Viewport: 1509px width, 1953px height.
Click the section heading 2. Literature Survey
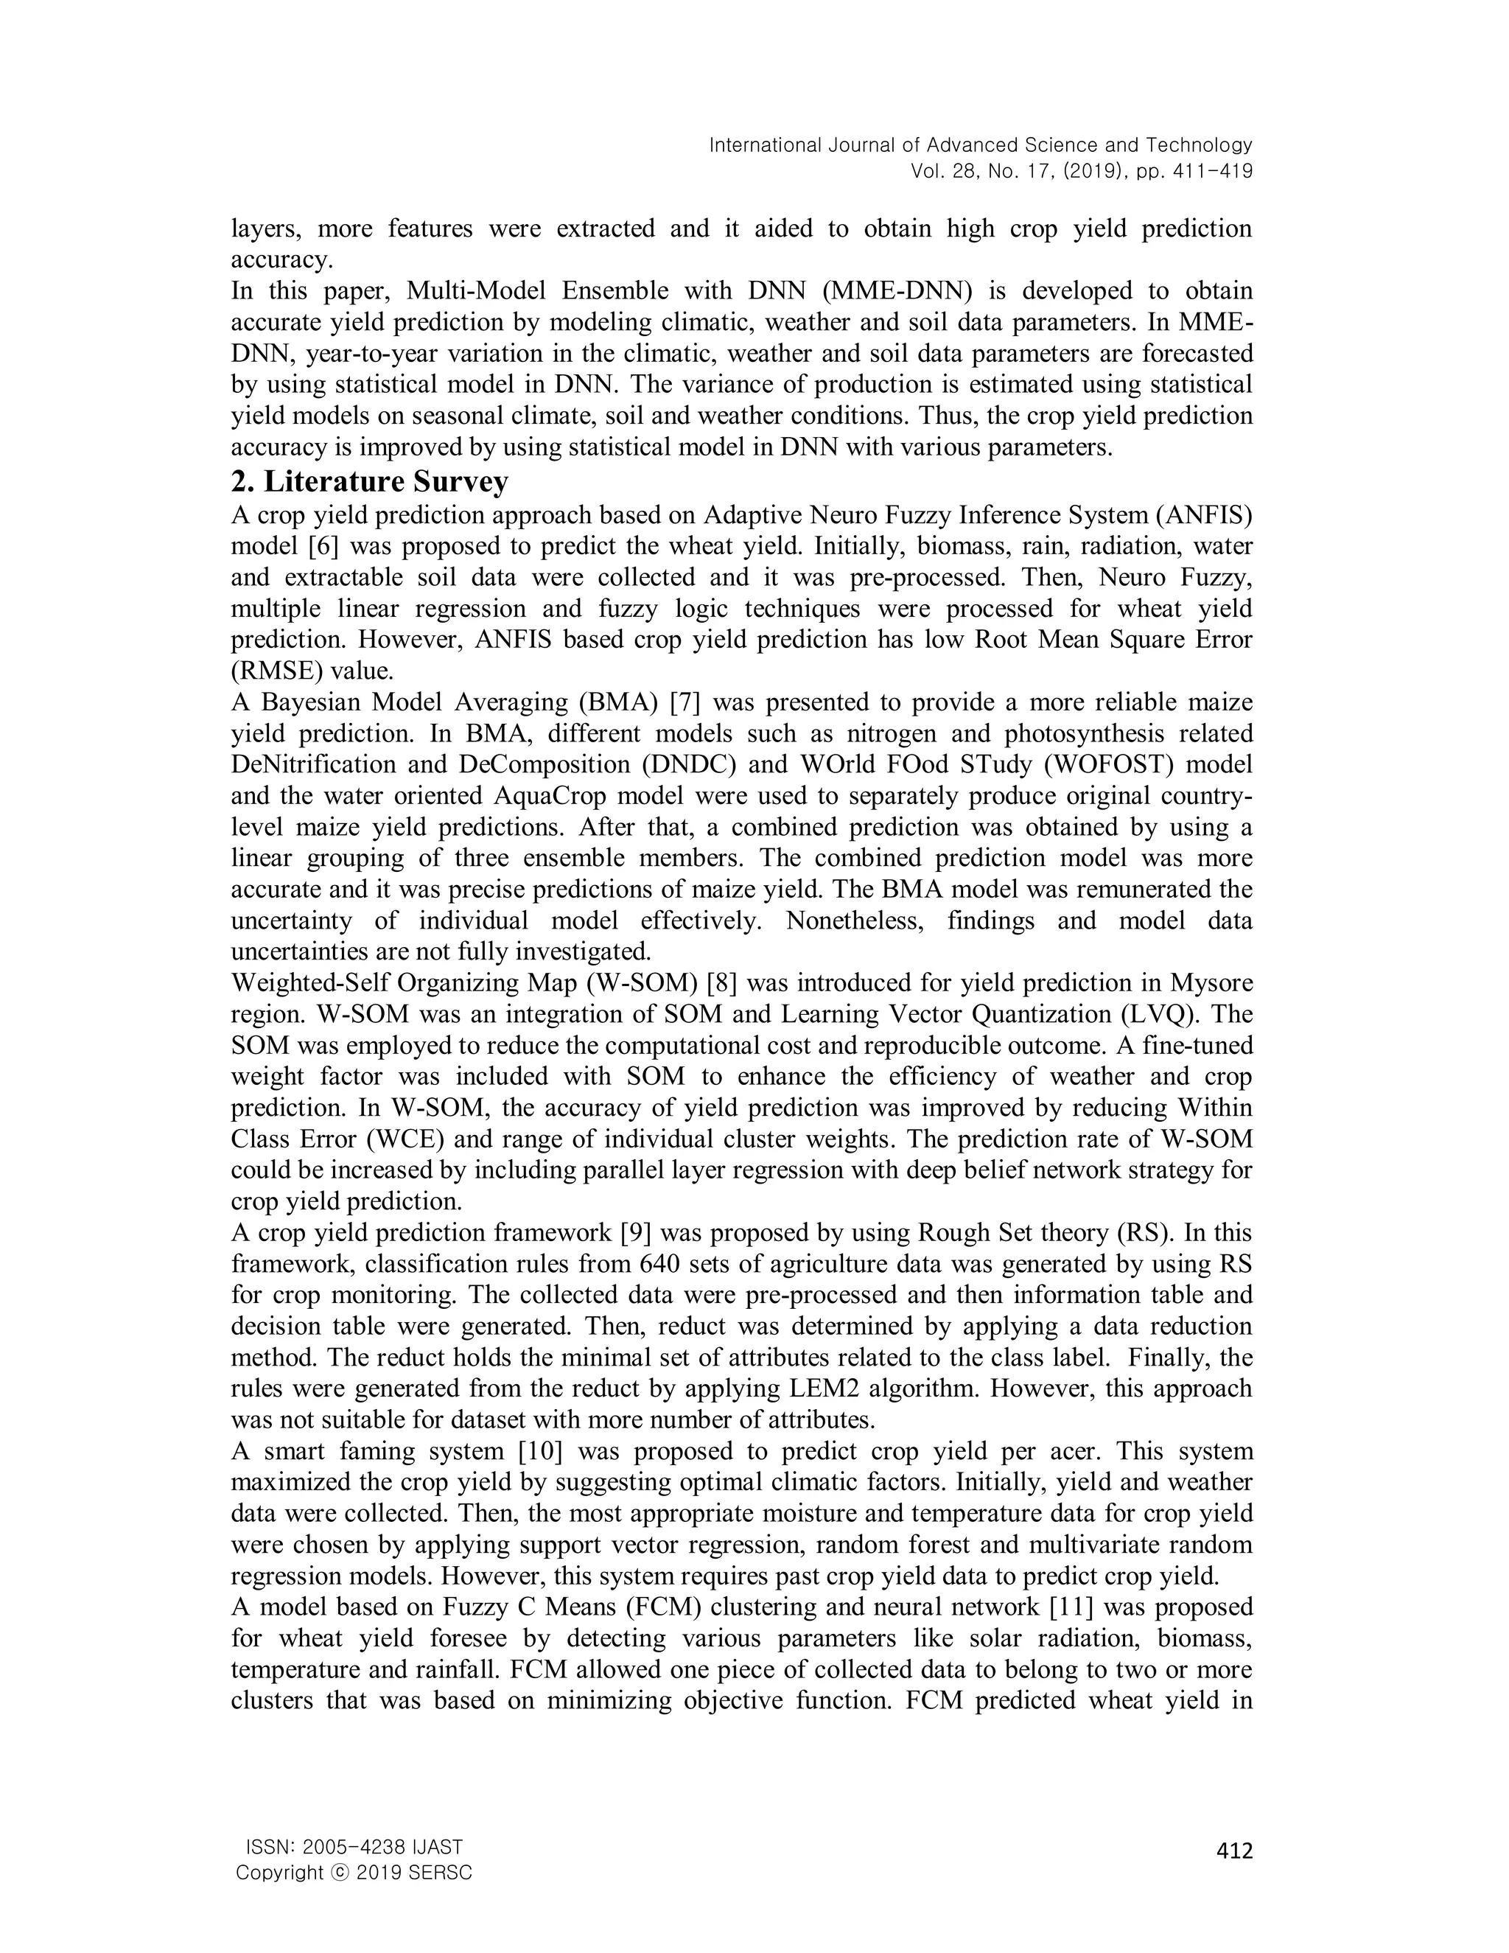[x=369, y=482]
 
